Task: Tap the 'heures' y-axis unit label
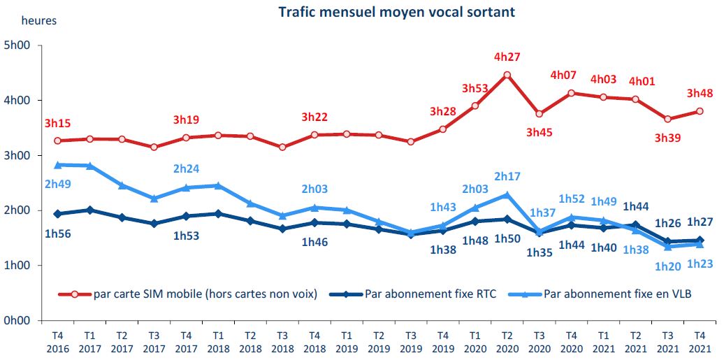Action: [39, 20]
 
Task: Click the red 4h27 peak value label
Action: [507, 57]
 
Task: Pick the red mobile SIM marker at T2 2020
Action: [507, 75]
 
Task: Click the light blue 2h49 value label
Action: [58, 184]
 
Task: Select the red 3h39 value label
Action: [668, 138]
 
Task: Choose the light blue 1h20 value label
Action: [668, 266]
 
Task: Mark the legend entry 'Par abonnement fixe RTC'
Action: [430, 294]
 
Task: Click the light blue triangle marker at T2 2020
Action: [507, 195]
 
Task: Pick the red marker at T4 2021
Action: [700, 112]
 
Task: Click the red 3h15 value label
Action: [58, 124]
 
